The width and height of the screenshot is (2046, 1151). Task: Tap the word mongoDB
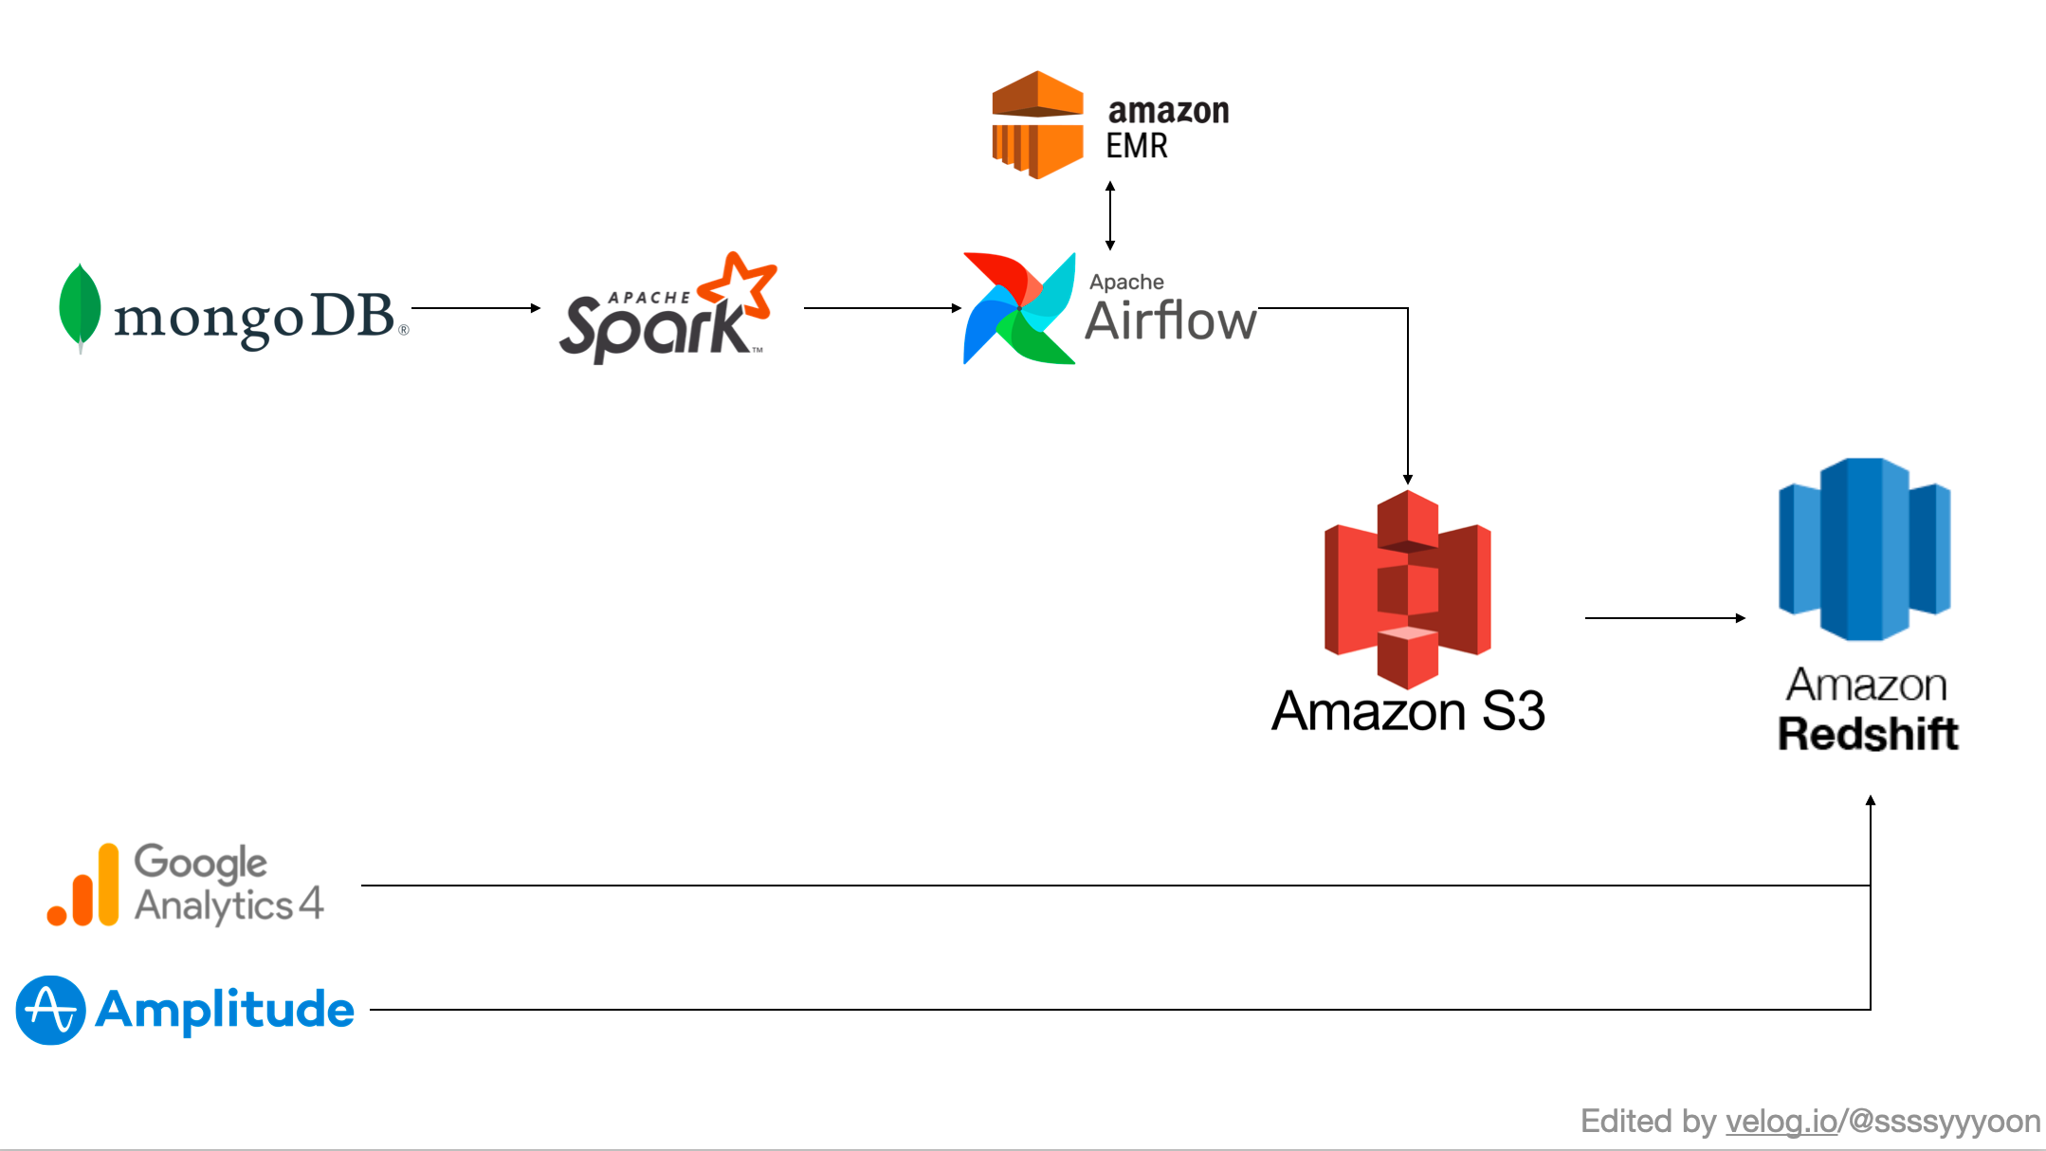point(254,318)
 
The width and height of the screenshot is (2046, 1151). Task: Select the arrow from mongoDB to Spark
point(476,308)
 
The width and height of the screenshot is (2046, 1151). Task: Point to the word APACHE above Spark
point(649,298)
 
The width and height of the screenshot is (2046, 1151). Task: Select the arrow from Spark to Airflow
point(883,308)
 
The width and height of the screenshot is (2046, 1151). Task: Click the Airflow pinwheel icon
point(1019,308)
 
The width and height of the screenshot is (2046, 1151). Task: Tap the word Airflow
point(1171,320)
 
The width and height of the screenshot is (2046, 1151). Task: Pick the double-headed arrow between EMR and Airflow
point(1110,216)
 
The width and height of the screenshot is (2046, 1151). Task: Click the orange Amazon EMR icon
point(1037,124)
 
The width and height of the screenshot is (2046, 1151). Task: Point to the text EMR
point(1137,146)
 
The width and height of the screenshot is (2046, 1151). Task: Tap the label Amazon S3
point(1408,711)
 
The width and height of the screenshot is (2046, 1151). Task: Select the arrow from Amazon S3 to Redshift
point(1666,618)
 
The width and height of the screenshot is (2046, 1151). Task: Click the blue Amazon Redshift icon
point(1865,549)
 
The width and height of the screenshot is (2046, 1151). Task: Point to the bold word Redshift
point(1868,734)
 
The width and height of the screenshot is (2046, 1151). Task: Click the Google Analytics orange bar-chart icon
point(83,885)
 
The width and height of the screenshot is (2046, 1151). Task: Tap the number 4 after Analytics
point(311,903)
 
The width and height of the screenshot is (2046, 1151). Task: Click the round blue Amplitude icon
point(51,1010)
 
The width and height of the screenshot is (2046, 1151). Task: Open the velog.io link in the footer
point(1781,1122)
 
